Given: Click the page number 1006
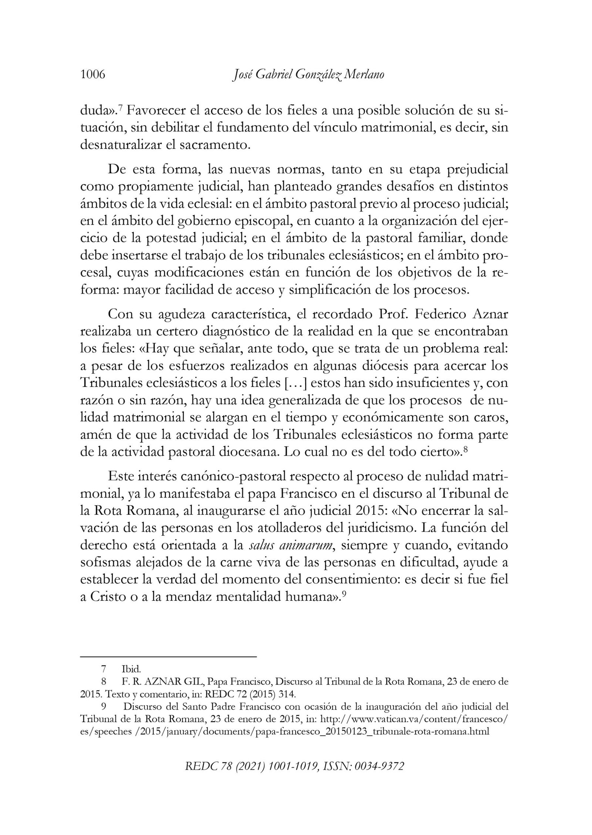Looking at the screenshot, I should (93, 75).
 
